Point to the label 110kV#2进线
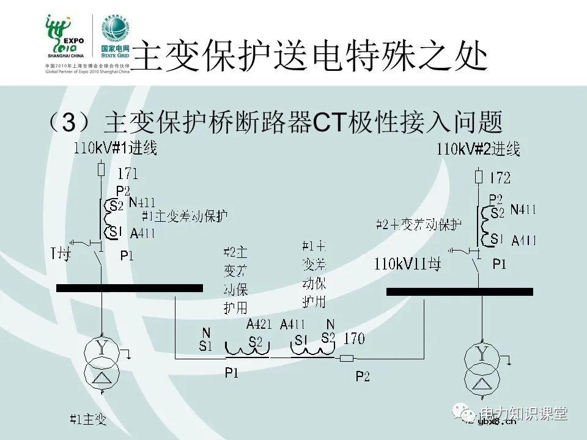coord(478,148)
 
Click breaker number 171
coord(127,174)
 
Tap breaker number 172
coord(500,178)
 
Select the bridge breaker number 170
coord(355,338)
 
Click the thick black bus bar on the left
coord(129,288)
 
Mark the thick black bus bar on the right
coord(456,291)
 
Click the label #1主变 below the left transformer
coord(88,419)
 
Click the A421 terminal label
coord(259,324)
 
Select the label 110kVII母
coord(408,265)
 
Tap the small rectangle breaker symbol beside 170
coord(347,358)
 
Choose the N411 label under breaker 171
coord(142,203)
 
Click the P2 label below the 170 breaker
coord(363,377)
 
